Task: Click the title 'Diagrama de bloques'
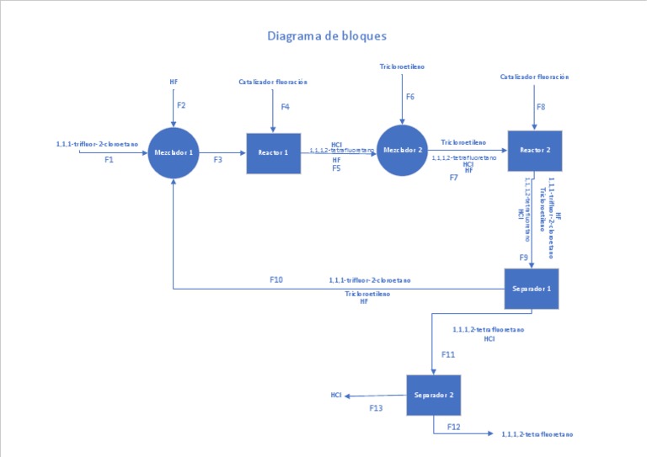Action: coord(327,36)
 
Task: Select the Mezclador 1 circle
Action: coord(174,153)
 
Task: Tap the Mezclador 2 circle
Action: coord(402,151)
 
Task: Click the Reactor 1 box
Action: coord(273,153)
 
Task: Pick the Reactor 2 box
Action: coord(534,151)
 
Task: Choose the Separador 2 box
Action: coord(434,395)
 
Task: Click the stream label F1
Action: coord(109,159)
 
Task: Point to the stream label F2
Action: coord(181,105)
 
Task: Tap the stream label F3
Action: coord(217,159)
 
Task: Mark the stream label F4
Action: coord(285,107)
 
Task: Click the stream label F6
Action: coord(410,97)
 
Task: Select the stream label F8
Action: coord(540,107)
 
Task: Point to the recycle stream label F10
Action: coord(276,279)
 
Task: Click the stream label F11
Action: coord(448,354)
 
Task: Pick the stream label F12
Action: coord(454,427)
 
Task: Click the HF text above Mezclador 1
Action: coord(174,82)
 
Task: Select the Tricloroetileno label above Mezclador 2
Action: coord(402,65)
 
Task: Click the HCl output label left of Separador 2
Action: coord(335,395)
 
